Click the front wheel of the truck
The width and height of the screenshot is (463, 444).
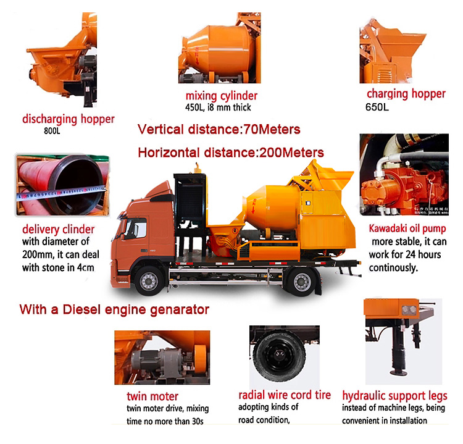point(149,280)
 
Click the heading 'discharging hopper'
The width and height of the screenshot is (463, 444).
point(68,119)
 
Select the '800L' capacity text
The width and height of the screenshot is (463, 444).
point(52,131)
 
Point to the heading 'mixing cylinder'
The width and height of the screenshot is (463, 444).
point(222,96)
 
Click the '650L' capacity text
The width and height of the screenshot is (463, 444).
point(377,107)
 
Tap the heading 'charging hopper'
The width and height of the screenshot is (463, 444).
point(406,94)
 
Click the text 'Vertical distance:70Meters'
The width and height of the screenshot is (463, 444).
point(219,130)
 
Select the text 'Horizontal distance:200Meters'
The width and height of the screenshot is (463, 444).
point(231,153)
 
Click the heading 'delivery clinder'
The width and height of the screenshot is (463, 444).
point(58,229)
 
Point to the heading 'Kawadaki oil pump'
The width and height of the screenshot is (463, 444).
point(407,228)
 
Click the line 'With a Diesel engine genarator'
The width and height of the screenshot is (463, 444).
point(114,310)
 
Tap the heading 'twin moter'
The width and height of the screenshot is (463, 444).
point(152,396)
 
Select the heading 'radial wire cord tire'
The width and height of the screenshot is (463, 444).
point(285,395)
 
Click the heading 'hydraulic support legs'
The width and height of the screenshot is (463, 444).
point(394,396)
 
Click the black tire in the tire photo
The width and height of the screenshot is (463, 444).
point(279,355)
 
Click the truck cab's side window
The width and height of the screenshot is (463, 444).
point(137,228)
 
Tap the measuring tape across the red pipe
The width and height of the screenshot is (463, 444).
point(61,193)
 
